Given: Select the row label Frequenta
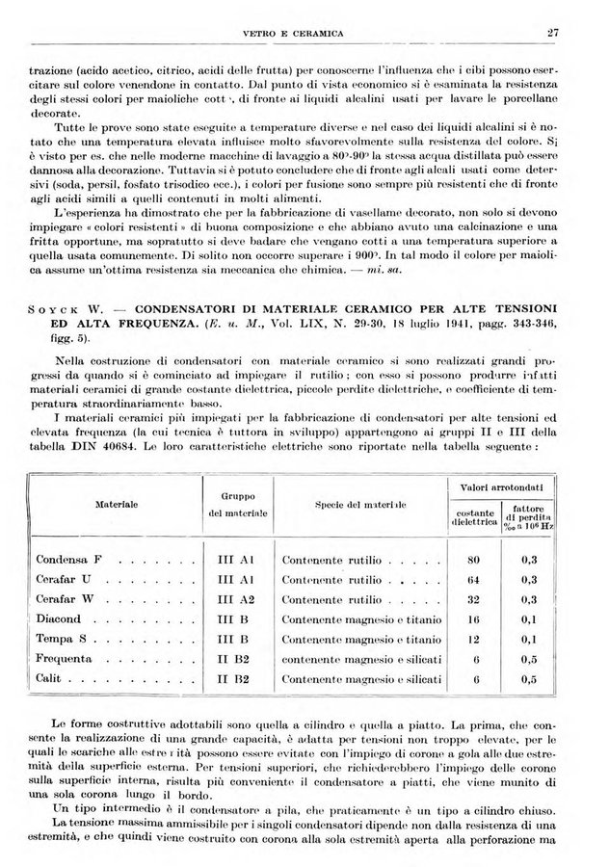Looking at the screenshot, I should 65,660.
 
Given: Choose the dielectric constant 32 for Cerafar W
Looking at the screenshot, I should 473,599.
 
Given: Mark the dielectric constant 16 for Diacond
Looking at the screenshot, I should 473,619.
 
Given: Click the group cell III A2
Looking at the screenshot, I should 235,599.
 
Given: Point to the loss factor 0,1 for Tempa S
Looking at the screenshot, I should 528,640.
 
